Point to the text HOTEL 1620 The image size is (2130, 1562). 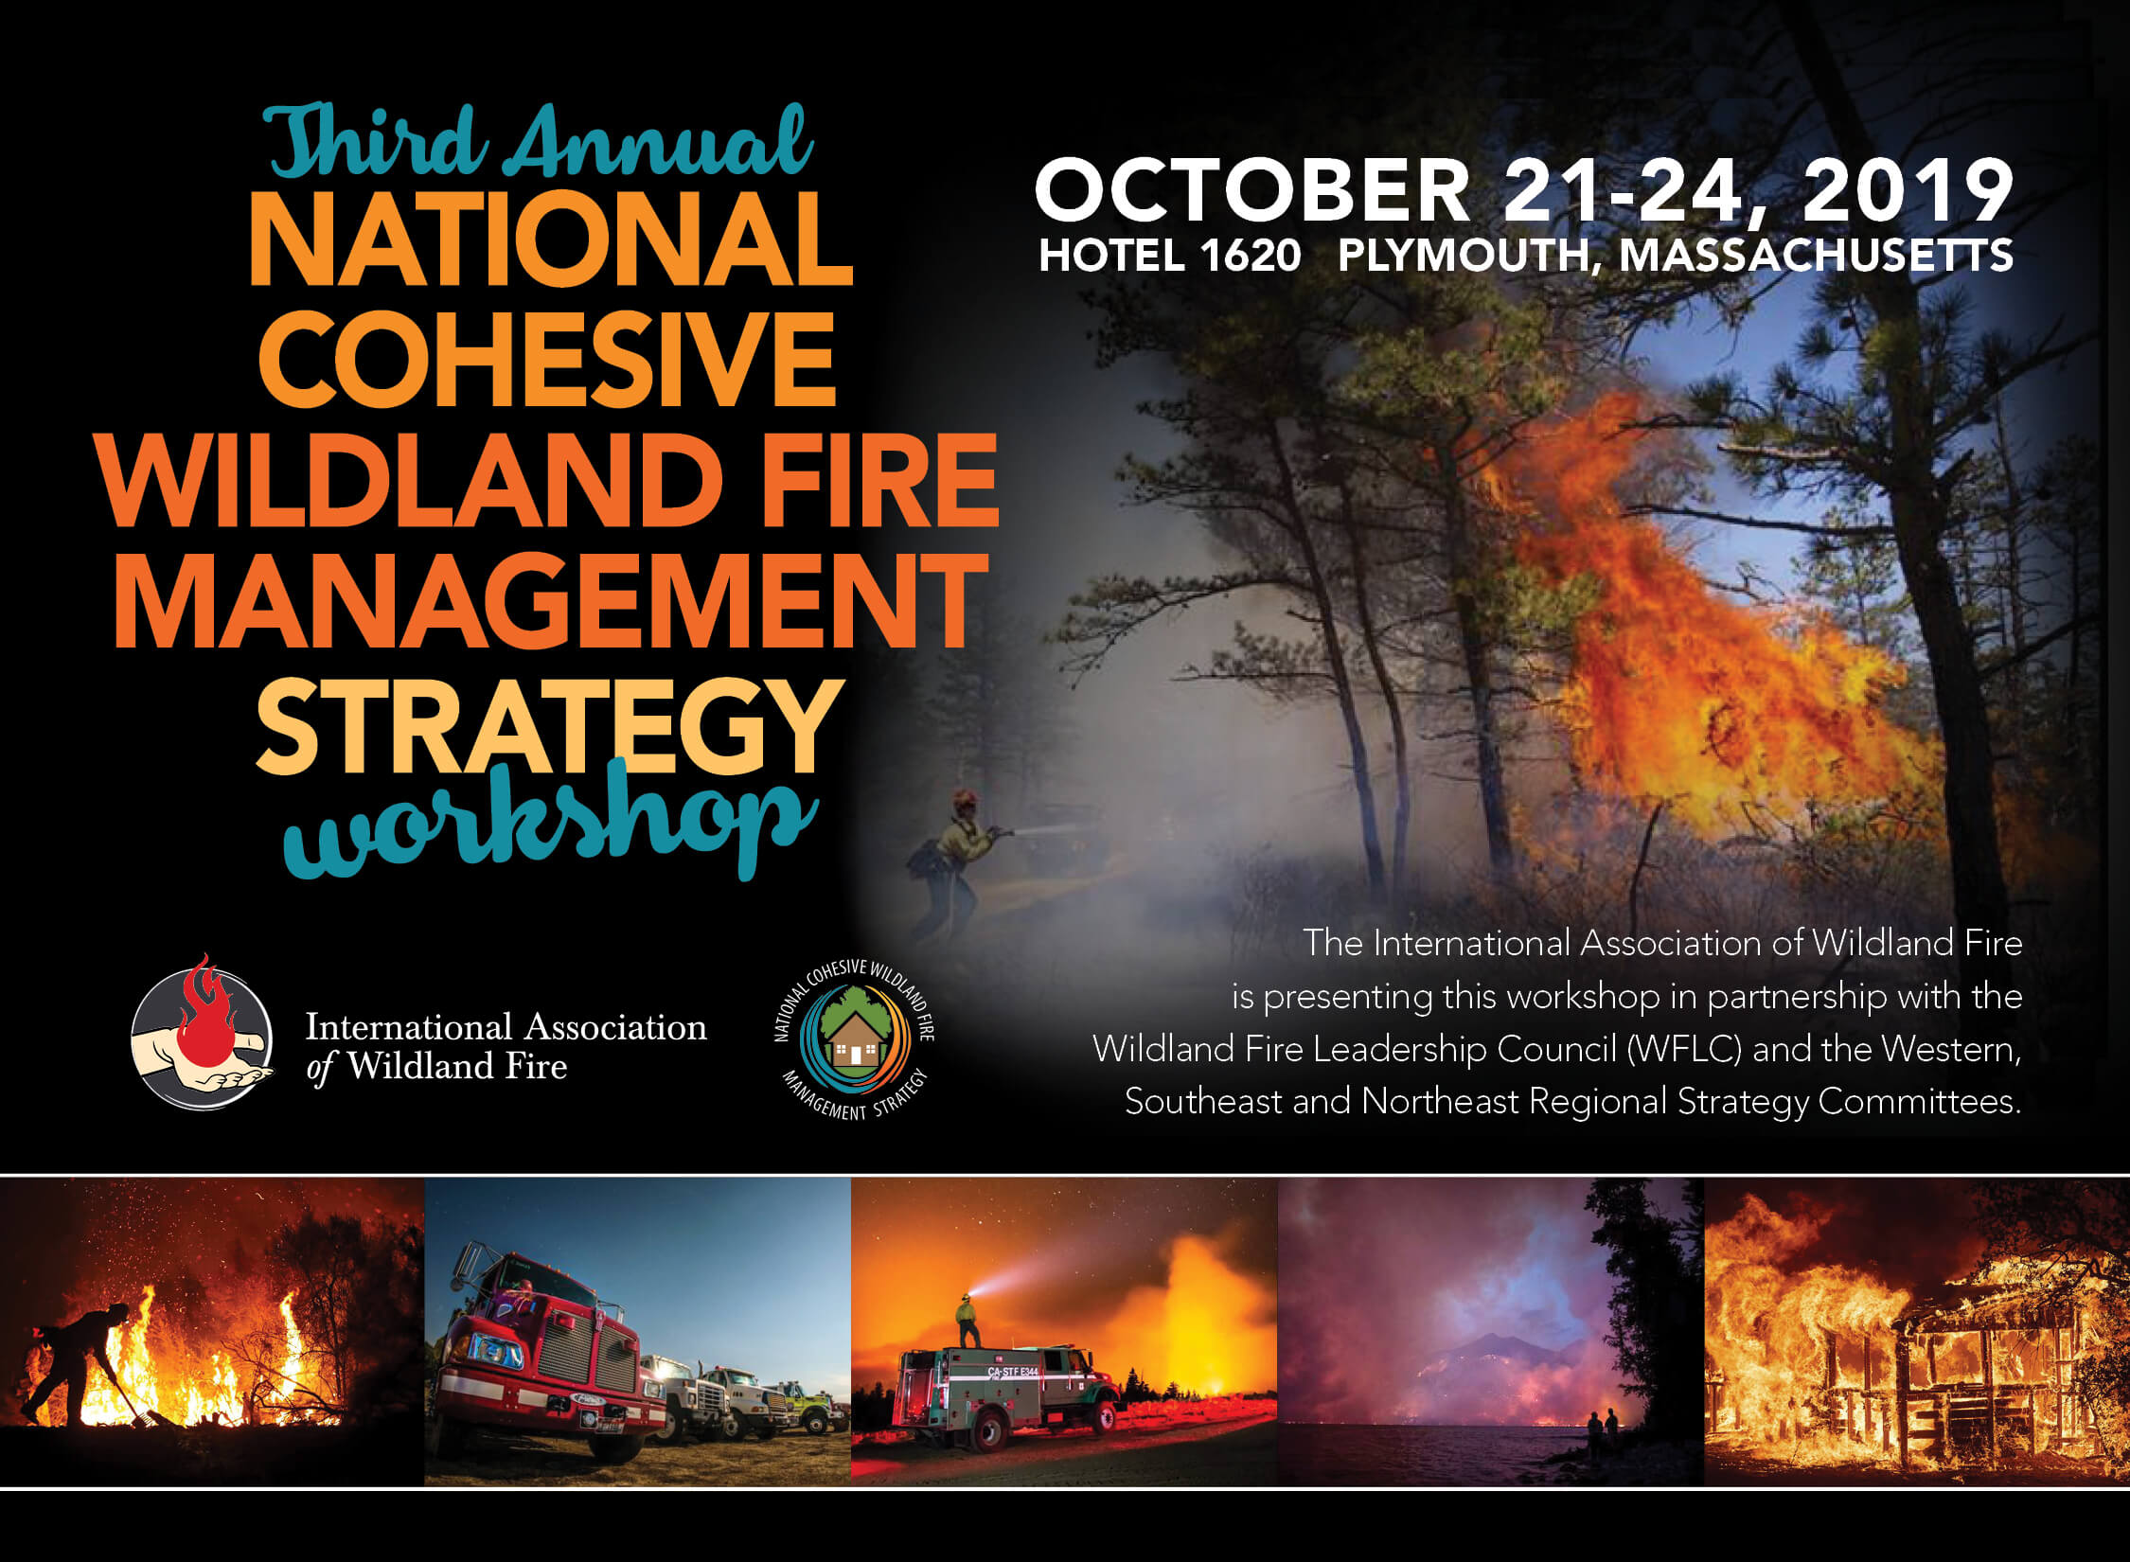click(1170, 257)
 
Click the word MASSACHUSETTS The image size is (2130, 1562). click(1817, 257)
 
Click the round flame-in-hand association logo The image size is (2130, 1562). click(202, 1032)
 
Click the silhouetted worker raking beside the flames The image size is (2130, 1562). click(80, 1363)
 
